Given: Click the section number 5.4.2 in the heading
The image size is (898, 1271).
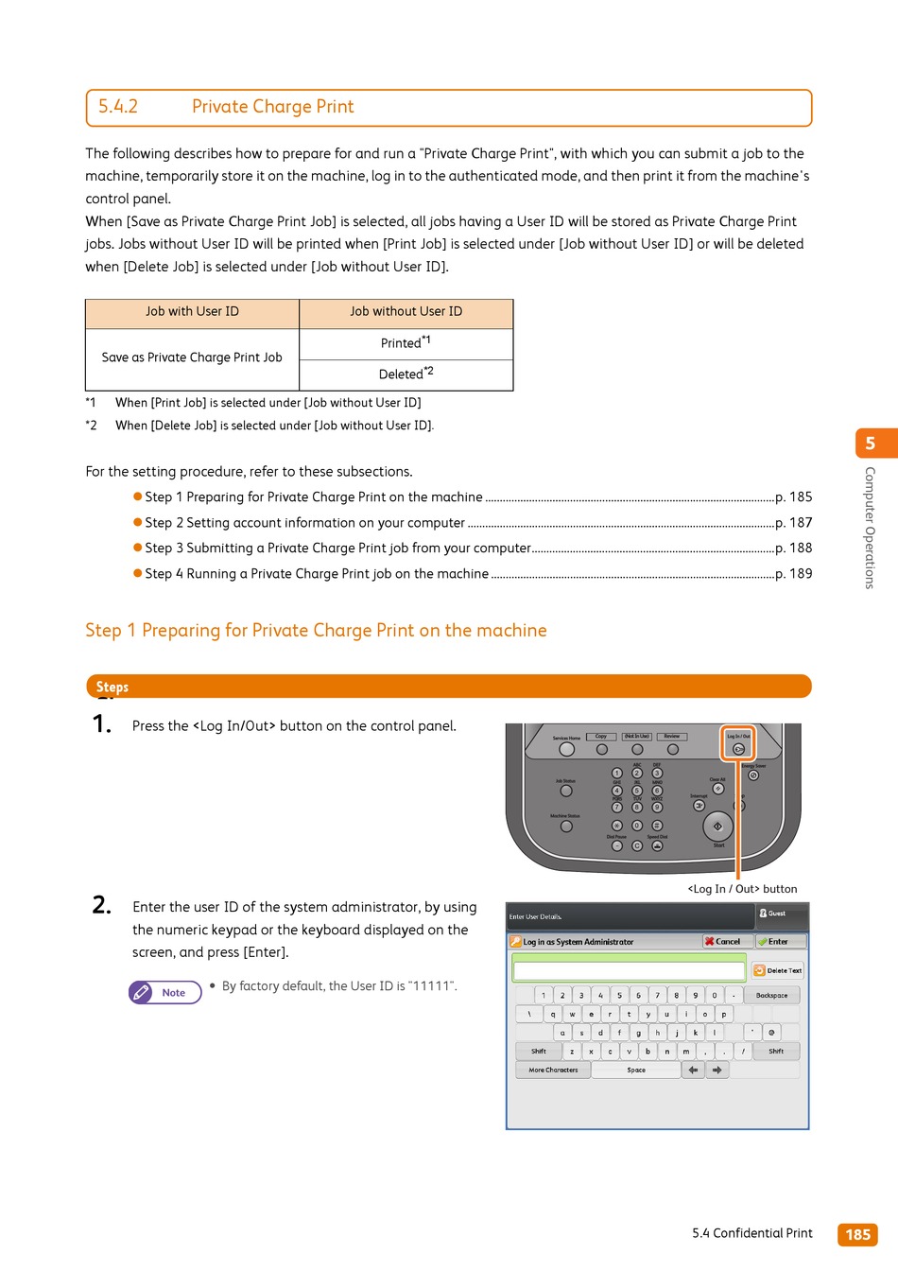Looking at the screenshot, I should click(118, 107).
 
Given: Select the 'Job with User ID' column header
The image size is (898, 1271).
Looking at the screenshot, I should click(192, 312).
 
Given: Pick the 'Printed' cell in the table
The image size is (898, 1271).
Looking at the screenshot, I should click(406, 342).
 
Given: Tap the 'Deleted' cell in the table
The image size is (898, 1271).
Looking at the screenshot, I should click(406, 374).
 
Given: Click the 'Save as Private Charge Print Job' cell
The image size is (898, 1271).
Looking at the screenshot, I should click(192, 357).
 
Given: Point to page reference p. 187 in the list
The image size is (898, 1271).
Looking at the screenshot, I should click(793, 523).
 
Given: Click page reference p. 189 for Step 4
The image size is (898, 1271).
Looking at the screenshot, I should click(793, 574).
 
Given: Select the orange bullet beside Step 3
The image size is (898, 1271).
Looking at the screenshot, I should click(138, 548).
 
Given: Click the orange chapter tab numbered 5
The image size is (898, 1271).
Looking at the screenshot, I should click(871, 444).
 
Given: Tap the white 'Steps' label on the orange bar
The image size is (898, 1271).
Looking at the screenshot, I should click(112, 688).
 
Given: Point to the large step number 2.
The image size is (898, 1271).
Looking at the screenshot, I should click(102, 905).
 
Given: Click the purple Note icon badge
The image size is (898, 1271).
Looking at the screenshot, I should click(165, 992).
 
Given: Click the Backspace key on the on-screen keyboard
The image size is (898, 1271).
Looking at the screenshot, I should click(771, 995).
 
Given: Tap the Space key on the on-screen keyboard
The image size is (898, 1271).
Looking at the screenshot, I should click(636, 1071).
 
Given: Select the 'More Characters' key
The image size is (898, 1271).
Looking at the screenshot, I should click(553, 1071).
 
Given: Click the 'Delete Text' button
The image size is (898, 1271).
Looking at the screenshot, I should click(778, 970).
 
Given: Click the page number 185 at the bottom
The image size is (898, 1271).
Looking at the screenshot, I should click(857, 1234).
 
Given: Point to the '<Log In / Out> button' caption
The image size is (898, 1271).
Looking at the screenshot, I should click(742, 889).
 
